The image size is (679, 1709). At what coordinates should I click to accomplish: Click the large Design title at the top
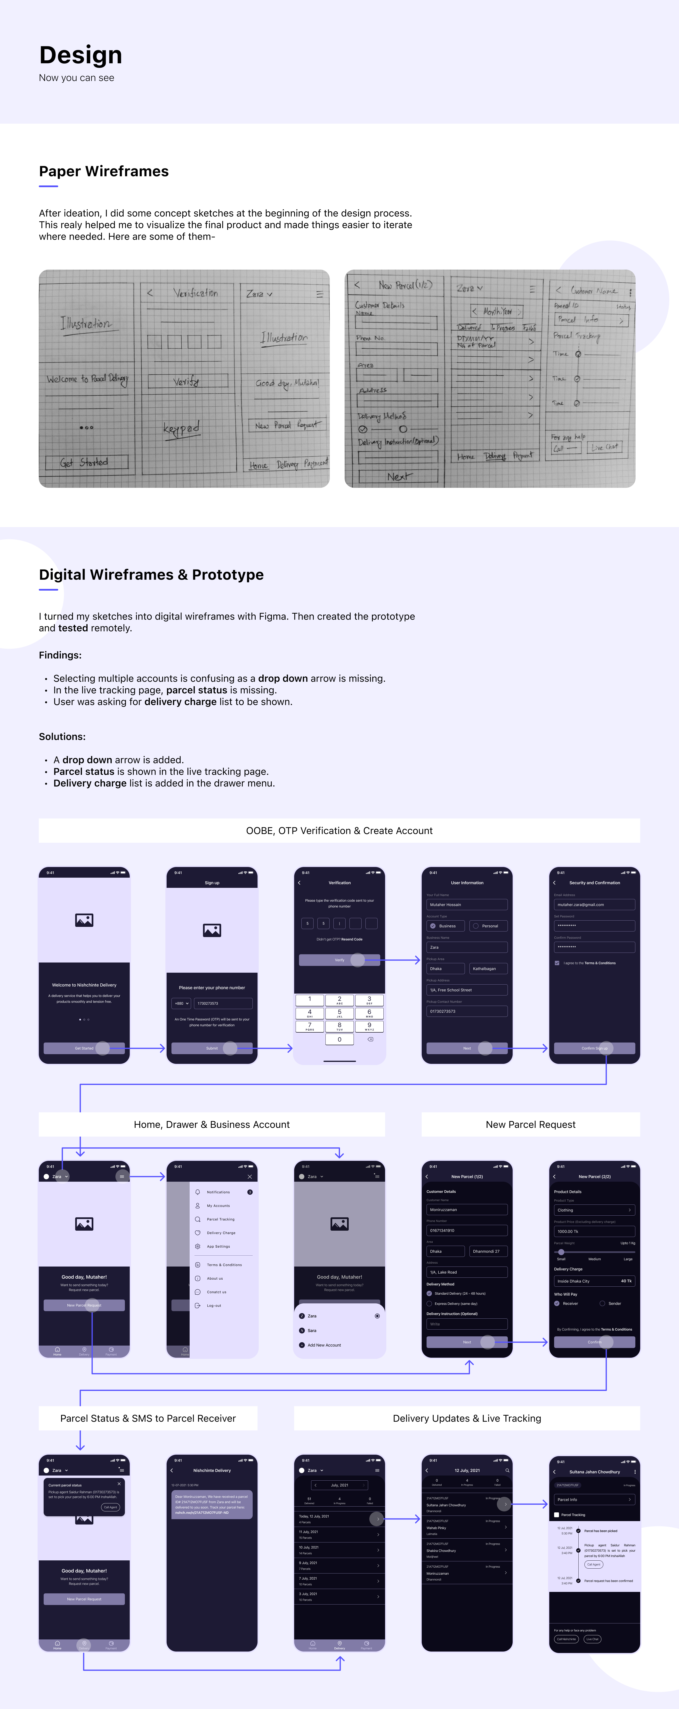(x=80, y=55)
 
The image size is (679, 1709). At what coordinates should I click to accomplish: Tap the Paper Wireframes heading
(x=104, y=171)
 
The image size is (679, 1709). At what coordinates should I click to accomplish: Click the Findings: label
(x=60, y=655)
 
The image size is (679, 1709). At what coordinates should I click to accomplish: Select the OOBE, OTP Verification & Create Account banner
(x=339, y=831)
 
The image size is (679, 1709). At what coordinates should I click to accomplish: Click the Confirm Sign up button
(x=594, y=1048)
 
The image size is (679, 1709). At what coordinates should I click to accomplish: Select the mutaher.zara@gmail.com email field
(x=594, y=904)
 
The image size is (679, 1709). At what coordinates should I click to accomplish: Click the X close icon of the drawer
(x=250, y=1176)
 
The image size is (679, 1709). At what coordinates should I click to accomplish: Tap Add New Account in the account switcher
(x=324, y=1345)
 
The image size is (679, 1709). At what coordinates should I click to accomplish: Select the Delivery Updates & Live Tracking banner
(x=467, y=1418)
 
